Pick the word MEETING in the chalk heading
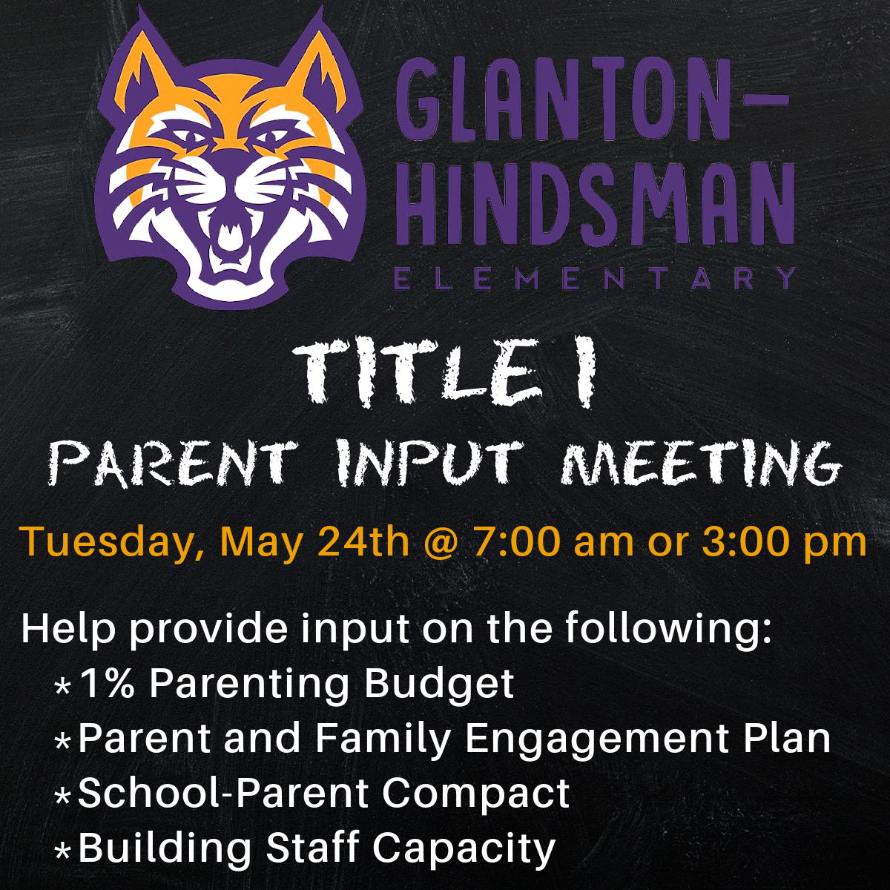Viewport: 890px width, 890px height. click(x=699, y=464)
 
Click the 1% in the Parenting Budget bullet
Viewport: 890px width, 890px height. click(x=107, y=684)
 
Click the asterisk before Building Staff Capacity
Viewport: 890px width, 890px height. click(x=62, y=851)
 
